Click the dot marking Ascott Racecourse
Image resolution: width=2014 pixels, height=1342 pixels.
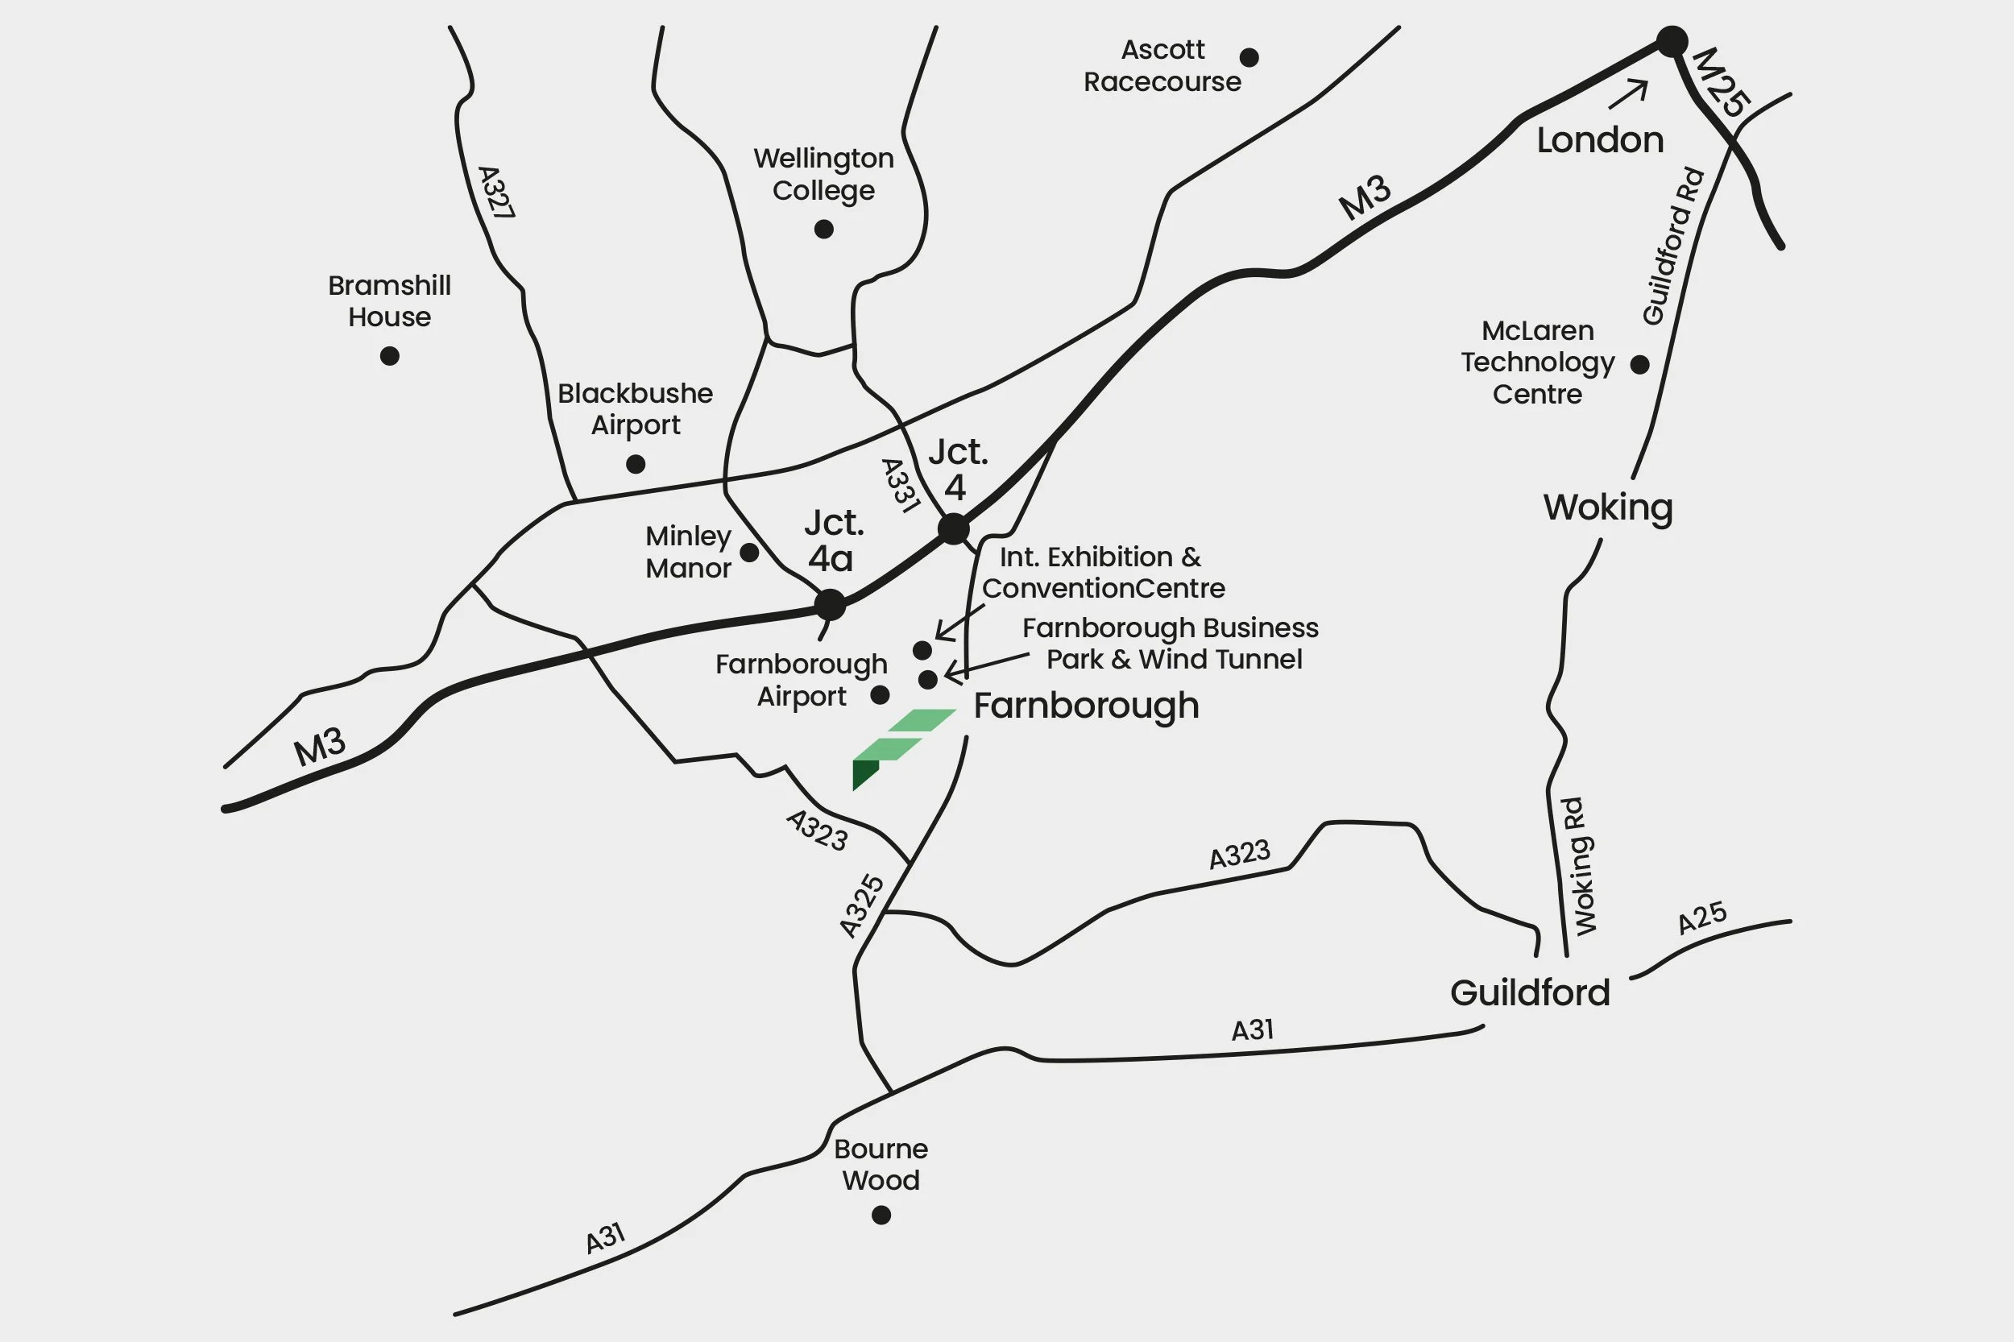[1249, 57]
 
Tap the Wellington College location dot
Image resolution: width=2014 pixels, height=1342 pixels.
[823, 230]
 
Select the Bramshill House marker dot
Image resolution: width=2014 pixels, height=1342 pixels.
[389, 356]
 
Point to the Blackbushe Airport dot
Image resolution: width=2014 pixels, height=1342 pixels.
[635, 464]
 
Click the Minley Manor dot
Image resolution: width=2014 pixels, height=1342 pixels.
[749, 553]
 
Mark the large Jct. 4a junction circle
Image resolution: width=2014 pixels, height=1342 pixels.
[830, 604]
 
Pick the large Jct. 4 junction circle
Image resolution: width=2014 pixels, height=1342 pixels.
[954, 529]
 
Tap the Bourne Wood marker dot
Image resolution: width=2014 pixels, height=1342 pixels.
[881, 1216]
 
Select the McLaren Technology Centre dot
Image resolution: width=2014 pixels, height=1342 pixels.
[1639, 365]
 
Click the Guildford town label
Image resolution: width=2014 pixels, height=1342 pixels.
[1530, 992]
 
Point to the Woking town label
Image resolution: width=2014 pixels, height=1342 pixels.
[1607, 507]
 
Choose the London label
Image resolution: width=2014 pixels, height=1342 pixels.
[1600, 140]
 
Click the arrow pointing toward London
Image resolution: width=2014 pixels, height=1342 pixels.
[1628, 93]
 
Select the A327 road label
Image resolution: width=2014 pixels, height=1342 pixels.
[495, 193]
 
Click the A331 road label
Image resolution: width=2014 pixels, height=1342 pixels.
[901, 485]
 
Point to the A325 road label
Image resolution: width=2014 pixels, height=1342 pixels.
[861, 905]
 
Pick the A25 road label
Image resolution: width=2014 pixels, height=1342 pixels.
[1701, 918]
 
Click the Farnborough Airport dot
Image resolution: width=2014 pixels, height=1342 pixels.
[880, 695]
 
